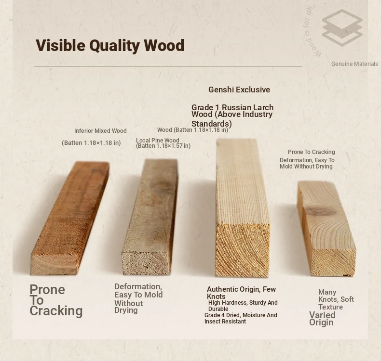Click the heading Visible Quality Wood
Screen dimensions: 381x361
pyautogui.click(x=110, y=46)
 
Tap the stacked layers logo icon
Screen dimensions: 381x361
pyautogui.click(x=342, y=28)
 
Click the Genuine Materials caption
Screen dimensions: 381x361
pyautogui.click(x=354, y=64)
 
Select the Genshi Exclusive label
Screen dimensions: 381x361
pyautogui.click(x=239, y=90)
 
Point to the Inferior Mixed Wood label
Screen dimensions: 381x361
pyautogui.click(x=100, y=131)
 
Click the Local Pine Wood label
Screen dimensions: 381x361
pyautogui.click(x=157, y=141)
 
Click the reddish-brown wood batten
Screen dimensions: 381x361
pyautogui.click(x=70, y=218)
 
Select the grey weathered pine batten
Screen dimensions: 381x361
pyautogui.click(x=150, y=217)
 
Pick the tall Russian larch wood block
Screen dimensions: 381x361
pyautogui.click(x=243, y=208)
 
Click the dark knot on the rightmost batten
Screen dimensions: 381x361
pyautogui.click(x=321, y=211)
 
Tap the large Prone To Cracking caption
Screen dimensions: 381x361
pyautogui.click(x=56, y=300)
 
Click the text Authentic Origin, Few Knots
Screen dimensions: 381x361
pyautogui.click(x=241, y=293)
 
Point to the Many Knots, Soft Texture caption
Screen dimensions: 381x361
pyautogui.click(x=336, y=299)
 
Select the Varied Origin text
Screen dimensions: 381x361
pyautogui.click(x=322, y=319)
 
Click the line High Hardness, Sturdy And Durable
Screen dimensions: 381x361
pyautogui.click(x=243, y=306)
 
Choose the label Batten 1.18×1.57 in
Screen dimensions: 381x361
pyautogui.click(x=163, y=146)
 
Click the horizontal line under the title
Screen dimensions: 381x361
pyautogui.click(x=168, y=66)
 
